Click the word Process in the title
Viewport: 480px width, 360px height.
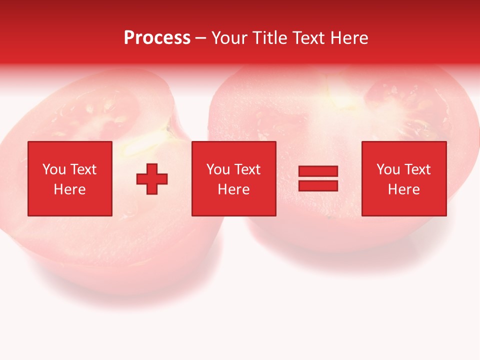157,38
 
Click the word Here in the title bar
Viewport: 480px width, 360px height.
350,38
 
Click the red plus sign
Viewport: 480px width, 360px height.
152,178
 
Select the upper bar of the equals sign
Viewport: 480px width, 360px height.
318,171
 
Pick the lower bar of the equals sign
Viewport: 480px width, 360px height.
318,185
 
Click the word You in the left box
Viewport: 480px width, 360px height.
54,169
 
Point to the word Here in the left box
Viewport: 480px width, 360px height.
69,189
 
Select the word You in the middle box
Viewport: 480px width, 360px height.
218,169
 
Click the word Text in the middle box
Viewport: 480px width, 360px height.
246,169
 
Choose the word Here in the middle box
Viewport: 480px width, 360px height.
233,189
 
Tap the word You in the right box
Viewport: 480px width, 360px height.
388,169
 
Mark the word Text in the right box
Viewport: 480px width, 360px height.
416,169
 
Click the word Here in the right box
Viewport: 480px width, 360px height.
403,189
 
